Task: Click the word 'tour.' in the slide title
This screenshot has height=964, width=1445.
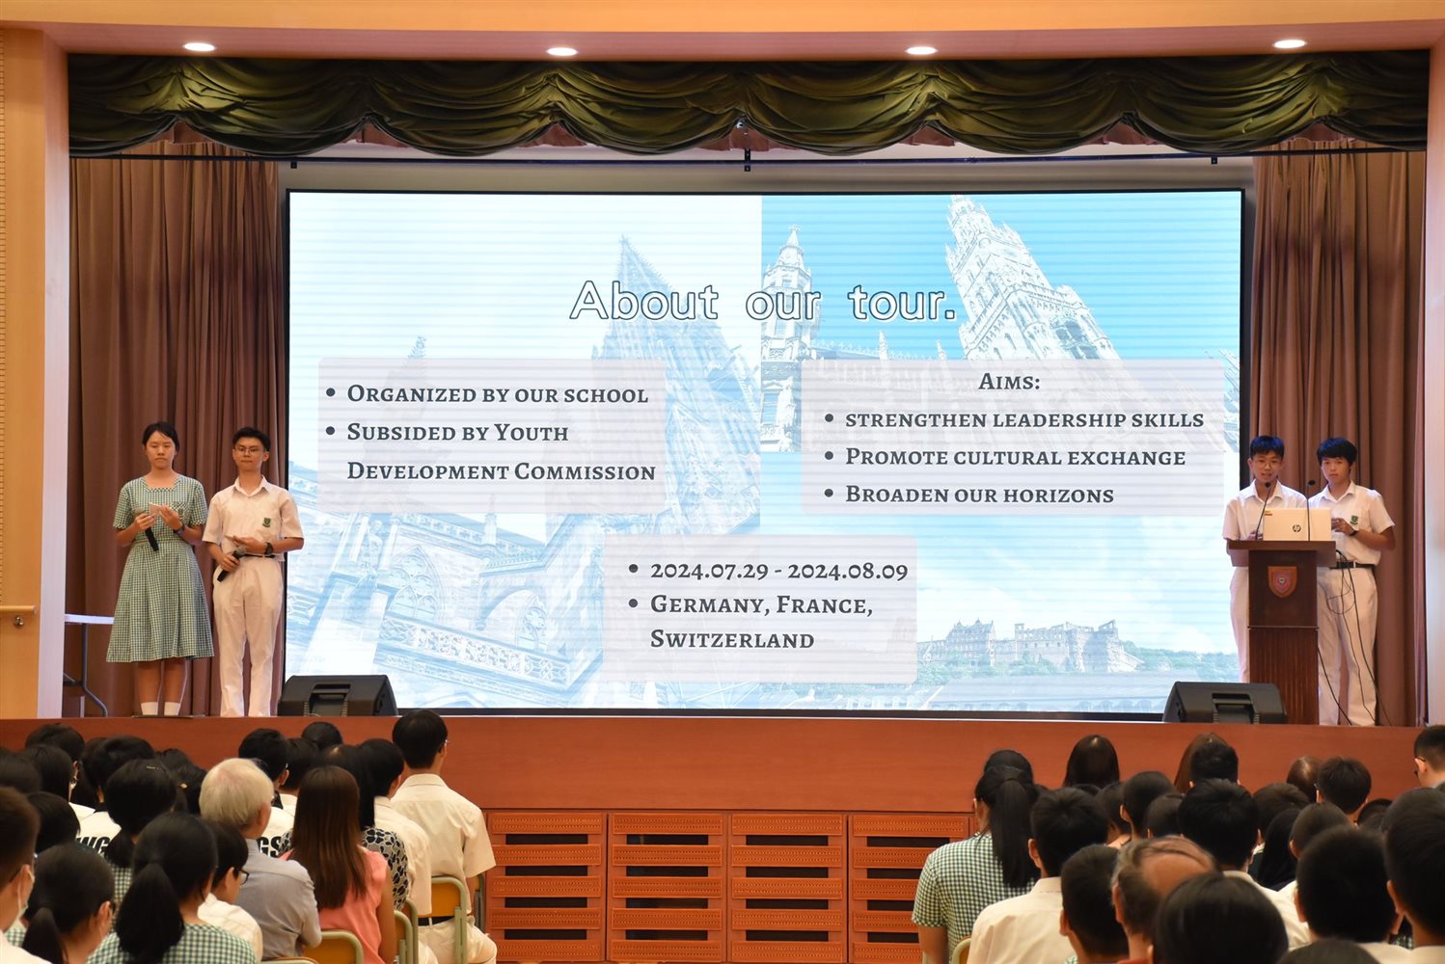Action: tap(902, 303)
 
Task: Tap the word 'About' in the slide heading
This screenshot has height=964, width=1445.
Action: tap(643, 301)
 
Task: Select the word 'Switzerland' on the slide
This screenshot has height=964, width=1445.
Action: tap(731, 639)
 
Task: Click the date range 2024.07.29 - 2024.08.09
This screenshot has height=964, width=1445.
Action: tap(778, 571)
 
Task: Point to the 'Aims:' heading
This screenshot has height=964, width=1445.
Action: tap(1009, 382)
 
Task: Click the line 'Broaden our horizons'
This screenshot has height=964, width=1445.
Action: tap(979, 495)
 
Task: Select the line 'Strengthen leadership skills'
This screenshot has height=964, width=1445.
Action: tap(1024, 419)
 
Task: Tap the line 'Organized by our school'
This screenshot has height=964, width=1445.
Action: tap(498, 394)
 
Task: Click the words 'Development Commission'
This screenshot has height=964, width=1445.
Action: tap(502, 470)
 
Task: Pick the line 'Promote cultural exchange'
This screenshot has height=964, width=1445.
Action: tap(1016, 457)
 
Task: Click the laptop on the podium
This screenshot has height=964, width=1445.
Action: tap(1296, 523)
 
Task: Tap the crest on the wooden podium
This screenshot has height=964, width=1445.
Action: tap(1282, 580)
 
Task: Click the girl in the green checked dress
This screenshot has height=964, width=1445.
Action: tap(159, 568)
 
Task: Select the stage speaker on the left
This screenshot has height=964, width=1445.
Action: tap(338, 695)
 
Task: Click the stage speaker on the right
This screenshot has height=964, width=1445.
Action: tap(1224, 702)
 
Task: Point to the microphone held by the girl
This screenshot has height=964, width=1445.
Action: tap(150, 537)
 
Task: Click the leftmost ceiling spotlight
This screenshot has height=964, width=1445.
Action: tap(200, 47)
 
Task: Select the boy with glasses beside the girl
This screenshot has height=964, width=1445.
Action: tap(252, 571)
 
